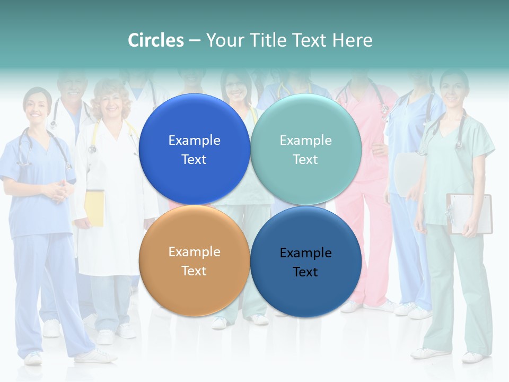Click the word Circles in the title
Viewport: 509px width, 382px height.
click(156, 40)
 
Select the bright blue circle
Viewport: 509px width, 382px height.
click(194, 149)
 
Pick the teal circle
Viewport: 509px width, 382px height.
click(306, 149)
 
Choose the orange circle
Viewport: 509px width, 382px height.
click(194, 261)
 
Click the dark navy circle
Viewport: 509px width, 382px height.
click(306, 262)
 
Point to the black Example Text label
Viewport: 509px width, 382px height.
click(305, 262)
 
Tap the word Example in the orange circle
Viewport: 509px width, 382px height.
click(194, 251)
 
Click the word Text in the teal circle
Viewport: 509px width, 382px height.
click(305, 159)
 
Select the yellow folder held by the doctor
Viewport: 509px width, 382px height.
click(95, 207)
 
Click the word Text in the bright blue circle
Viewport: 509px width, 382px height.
click(194, 159)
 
